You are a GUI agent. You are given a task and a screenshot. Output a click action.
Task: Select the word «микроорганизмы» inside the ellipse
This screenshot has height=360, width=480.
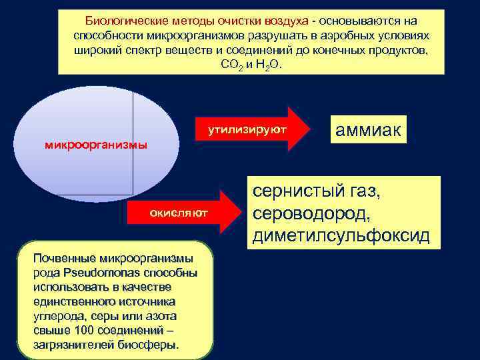point(96,145)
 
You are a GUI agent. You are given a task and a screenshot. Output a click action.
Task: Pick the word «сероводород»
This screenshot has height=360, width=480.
point(311,215)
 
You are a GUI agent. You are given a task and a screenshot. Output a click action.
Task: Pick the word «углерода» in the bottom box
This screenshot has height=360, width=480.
point(55,316)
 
